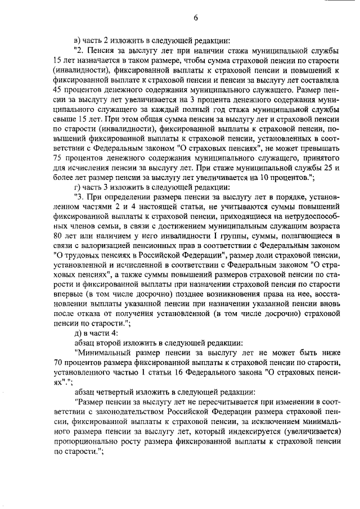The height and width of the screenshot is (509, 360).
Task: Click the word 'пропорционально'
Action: [x=86, y=443]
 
